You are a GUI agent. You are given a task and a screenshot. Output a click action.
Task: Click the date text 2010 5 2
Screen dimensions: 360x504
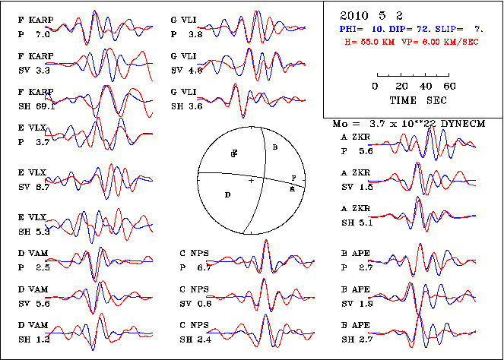tap(366, 15)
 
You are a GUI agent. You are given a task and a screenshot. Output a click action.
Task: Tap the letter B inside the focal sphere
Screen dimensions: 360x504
tap(275, 144)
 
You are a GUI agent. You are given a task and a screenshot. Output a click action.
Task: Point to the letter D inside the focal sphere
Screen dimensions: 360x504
tap(227, 195)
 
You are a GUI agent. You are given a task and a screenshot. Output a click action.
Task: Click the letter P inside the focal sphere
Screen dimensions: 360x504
tap(293, 177)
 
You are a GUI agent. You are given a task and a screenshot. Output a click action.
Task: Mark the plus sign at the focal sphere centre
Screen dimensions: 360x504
tap(251, 180)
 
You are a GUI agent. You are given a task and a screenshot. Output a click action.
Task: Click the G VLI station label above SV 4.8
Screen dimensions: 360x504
tap(183, 58)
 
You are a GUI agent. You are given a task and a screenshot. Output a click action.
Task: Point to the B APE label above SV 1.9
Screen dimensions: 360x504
tap(355, 292)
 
